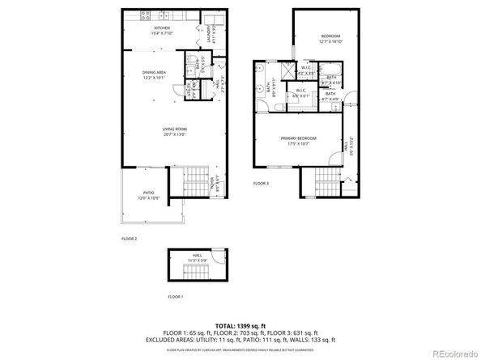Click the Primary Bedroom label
[298, 141]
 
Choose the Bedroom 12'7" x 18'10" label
[331, 40]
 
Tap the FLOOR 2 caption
[130, 239]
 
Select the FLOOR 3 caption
[261, 184]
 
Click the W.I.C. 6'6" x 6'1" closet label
[300, 93]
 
